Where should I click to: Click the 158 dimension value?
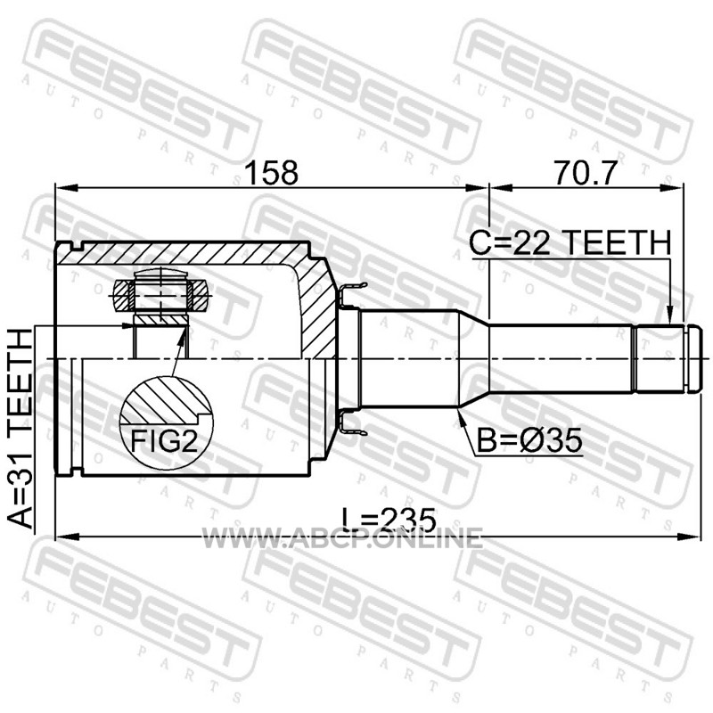click(x=271, y=173)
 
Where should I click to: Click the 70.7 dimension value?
click(x=586, y=173)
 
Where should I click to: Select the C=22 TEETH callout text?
click(x=570, y=242)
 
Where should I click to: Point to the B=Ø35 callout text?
click(x=529, y=440)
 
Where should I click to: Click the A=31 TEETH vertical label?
click(x=20, y=429)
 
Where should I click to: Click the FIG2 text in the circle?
click(x=165, y=440)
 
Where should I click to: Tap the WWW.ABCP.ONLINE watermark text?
click(x=342, y=538)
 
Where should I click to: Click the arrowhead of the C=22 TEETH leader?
click(x=669, y=316)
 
